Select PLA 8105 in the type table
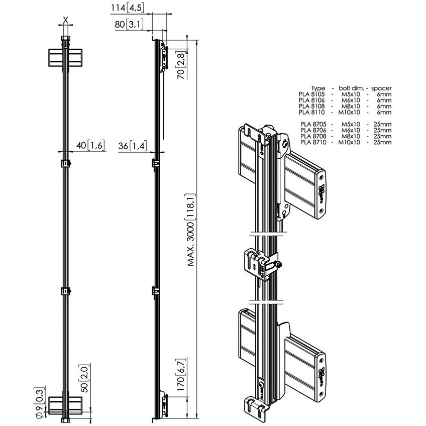(x=312, y=94)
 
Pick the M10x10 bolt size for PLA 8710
(x=349, y=142)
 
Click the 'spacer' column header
(x=381, y=88)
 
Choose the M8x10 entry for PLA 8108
(x=349, y=106)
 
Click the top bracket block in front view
(x=65, y=58)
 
